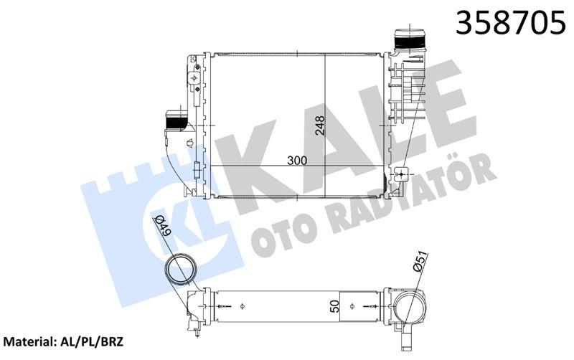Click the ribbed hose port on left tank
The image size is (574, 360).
pyautogui.click(x=177, y=120)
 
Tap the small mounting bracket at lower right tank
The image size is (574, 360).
pyautogui.click(x=403, y=174)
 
